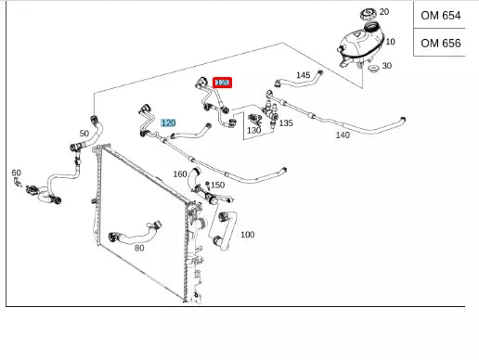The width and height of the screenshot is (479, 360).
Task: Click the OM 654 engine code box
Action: click(440, 16)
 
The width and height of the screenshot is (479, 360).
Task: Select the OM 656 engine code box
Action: click(440, 43)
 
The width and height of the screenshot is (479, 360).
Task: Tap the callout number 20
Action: click(385, 12)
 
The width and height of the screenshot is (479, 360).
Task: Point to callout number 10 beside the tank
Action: click(390, 42)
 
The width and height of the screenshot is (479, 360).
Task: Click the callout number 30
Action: click(387, 66)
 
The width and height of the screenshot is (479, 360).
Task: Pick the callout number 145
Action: click(303, 75)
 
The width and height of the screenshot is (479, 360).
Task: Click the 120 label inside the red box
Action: click(222, 83)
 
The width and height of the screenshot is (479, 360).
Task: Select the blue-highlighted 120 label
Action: click(168, 122)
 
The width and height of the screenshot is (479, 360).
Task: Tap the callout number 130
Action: click(253, 131)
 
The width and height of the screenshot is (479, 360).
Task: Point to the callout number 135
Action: click(286, 122)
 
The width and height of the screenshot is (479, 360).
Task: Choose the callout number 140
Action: click(343, 135)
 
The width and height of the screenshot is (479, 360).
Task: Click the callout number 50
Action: click(84, 135)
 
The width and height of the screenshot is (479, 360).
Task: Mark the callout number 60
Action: click(16, 173)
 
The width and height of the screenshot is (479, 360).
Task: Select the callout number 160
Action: click(180, 174)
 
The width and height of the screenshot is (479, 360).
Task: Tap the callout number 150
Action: click(217, 185)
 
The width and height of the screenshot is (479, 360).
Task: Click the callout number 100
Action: click(247, 234)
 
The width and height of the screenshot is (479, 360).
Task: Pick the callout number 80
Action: click(139, 248)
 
